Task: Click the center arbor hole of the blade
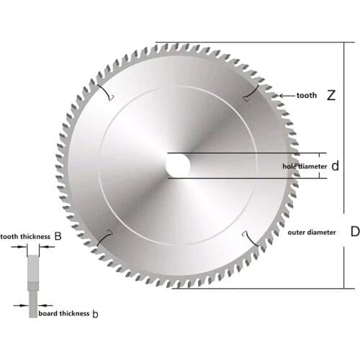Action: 178,166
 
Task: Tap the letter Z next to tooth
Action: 331,95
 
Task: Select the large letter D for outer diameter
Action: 354,232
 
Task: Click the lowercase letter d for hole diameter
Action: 335,166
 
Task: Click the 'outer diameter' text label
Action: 311,233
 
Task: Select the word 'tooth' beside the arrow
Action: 305,95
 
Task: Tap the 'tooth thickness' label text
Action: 25,235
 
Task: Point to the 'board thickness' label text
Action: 63,314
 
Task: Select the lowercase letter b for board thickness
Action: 95,314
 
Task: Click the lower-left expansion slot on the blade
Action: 104,236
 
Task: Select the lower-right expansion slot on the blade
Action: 251,237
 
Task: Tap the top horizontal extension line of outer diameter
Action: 252,42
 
